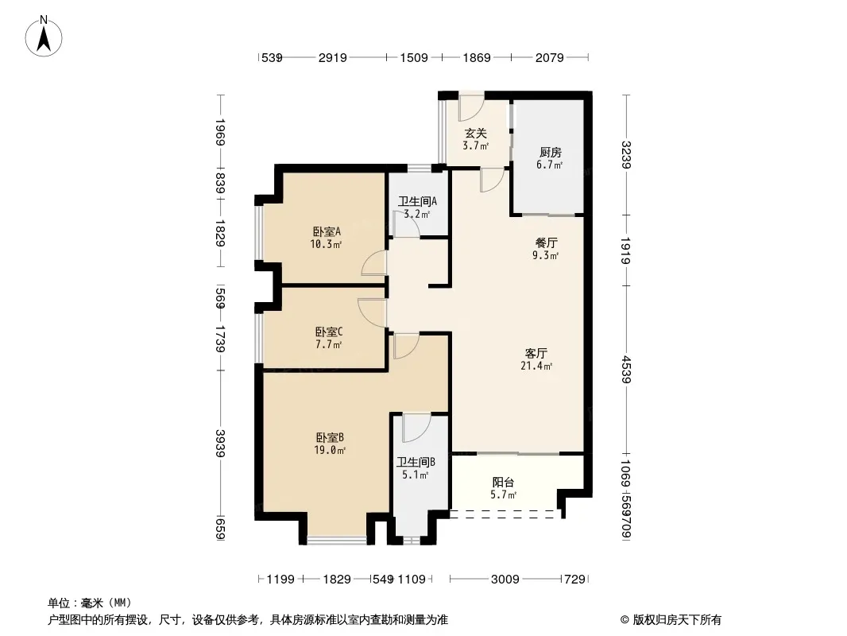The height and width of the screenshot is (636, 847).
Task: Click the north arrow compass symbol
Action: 44,37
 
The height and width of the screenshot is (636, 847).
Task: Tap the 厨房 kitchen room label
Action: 550,153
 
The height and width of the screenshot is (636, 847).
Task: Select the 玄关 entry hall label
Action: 476,133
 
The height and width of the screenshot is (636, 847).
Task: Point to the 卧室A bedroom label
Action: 327,232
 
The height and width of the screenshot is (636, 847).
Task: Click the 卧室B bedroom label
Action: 330,438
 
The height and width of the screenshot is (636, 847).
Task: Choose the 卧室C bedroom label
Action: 329,332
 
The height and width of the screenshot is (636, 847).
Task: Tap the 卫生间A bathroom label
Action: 418,202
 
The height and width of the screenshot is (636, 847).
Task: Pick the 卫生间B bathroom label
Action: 416,462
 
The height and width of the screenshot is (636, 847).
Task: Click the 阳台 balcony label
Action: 504,482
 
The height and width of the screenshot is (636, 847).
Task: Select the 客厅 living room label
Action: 536,354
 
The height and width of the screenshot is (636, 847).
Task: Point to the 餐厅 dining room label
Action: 546,243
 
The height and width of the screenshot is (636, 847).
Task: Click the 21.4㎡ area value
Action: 536,366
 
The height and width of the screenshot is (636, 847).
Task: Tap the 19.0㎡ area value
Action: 330,450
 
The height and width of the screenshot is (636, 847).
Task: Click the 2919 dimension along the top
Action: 333,57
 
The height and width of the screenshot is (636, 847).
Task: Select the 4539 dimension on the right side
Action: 626,370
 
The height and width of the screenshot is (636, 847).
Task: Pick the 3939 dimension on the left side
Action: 220,443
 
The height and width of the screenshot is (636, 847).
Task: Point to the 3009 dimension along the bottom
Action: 505,580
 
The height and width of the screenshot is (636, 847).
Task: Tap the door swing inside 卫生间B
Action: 416,428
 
